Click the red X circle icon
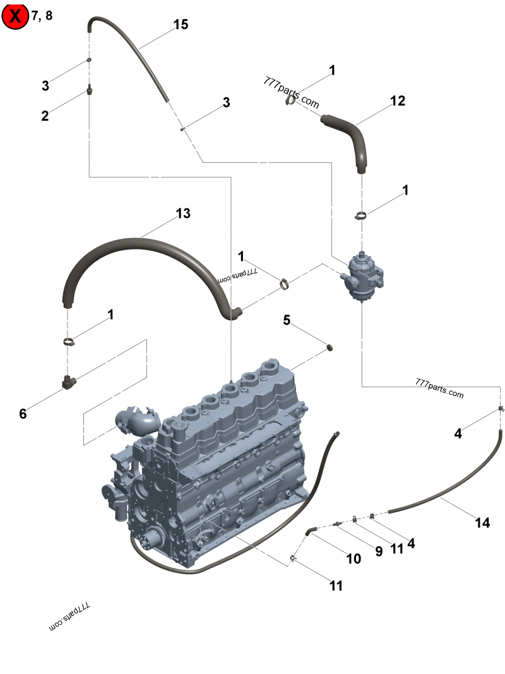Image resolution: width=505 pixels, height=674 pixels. click(x=15, y=16)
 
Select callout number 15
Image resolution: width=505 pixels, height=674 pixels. click(x=181, y=25)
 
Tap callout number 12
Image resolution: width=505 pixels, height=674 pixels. click(x=397, y=100)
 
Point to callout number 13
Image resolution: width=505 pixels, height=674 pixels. click(x=182, y=214)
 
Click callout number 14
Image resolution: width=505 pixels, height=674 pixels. click(x=482, y=522)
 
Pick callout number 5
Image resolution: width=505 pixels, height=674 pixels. click(x=287, y=320)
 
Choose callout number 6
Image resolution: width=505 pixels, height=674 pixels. click(x=23, y=414)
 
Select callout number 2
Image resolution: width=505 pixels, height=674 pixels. click(x=45, y=116)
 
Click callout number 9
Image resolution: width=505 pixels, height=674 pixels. click(x=379, y=551)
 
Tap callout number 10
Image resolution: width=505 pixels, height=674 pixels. click(x=353, y=558)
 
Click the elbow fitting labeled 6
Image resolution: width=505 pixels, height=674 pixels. click(x=68, y=382)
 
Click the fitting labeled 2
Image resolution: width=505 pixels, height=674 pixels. click(x=90, y=90)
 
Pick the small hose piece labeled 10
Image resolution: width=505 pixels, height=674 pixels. click(x=310, y=532)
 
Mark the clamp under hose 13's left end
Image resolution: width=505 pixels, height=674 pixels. click(x=69, y=342)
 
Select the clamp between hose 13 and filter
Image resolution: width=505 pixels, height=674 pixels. click(x=284, y=283)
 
